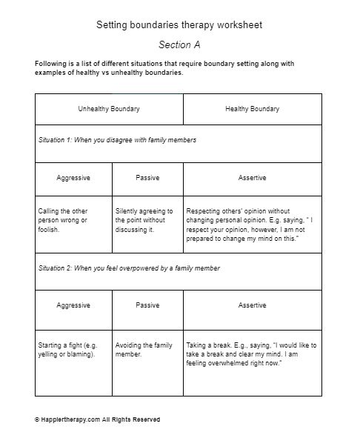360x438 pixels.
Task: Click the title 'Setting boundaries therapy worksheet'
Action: pos(179,25)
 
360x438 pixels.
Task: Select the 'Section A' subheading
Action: pos(179,44)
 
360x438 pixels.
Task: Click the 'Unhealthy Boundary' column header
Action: pos(109,109)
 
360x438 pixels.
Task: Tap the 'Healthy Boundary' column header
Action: pos(252,109)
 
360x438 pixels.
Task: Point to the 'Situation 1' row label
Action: pos(117,140)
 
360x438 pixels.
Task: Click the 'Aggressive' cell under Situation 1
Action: pos(73,178)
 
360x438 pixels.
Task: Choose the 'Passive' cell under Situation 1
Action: pos(147,178)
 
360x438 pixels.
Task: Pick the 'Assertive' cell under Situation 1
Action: pos(252,178)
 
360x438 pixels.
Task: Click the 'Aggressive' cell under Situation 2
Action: pos(73,305)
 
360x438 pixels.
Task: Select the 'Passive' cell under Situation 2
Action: pos(147,305)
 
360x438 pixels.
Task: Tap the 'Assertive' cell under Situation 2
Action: pos(252,305)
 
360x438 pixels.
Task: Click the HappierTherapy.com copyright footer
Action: pos(97,419)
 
